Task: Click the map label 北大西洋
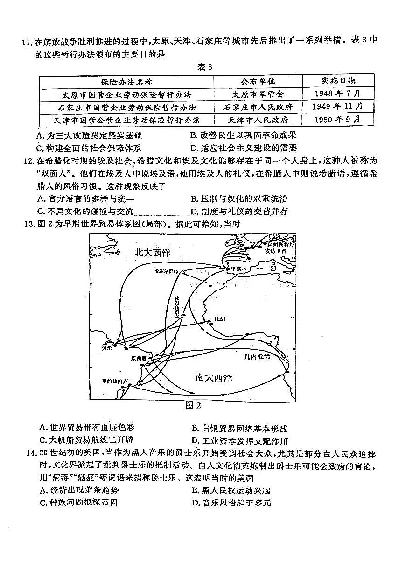click(152, 252)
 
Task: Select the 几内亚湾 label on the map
click(257, 357)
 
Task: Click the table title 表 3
click(204, 67)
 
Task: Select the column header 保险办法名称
click(126, 81)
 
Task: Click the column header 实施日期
click(338, 80)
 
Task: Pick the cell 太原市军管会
click(258, 94)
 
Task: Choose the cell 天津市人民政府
click(258, 120)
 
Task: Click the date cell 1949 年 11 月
click(338, 106)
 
